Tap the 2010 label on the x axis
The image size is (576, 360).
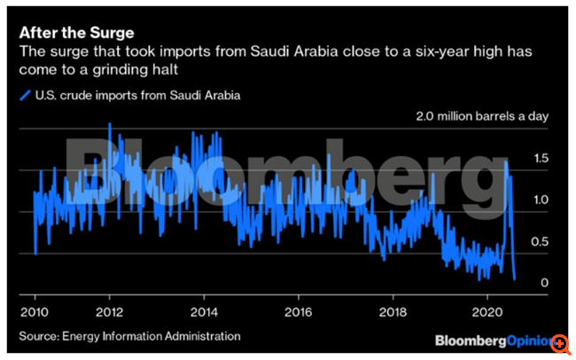pos(35,312)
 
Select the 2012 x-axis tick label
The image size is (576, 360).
pos(110,312)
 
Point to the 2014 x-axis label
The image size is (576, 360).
pos(204,312)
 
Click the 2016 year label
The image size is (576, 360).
pos(299,312)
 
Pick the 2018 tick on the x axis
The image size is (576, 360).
pos(393,312)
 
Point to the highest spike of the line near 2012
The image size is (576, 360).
pos(109,124)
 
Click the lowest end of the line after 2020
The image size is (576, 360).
pos(515,278)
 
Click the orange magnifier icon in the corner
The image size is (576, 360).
pos(560,343)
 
